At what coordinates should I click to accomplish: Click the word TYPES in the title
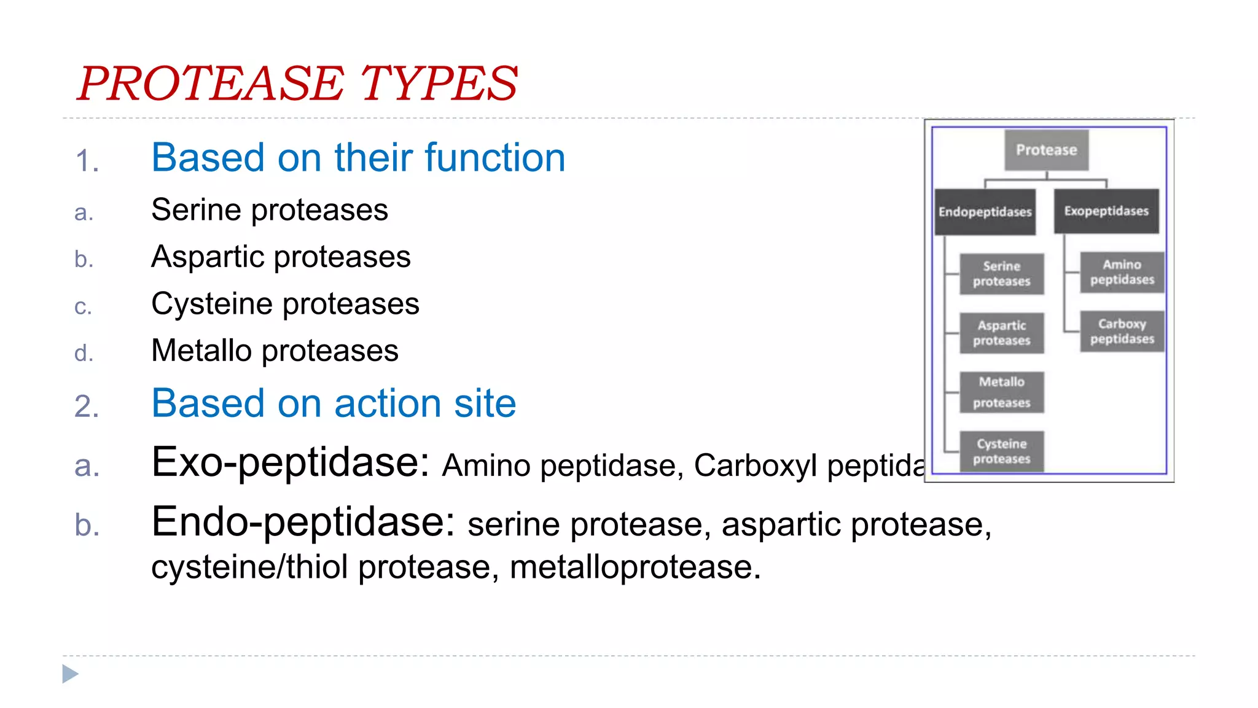(x=439, y=84)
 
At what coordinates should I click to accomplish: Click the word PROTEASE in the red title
(x=211, y=84)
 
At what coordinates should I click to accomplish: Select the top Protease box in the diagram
(x=1046, y=150)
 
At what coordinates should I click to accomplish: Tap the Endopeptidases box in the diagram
(x=985, y=212)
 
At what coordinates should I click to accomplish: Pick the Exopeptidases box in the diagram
(x=1106, y=211)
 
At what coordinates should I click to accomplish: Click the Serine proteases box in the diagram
(x=1001, y=274)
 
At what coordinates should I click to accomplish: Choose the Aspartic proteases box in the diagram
(x=1001, y=333)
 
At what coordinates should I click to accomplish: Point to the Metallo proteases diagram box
(x=1001, y=392)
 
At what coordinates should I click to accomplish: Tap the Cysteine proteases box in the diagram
(x=1001, y=451)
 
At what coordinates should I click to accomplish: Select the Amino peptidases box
(x=1122, y=272)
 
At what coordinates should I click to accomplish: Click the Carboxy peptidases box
(x=1122, y=332)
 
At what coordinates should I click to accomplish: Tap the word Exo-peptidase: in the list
(x=290, y=462)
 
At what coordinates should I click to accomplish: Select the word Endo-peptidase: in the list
(x=303, y=522)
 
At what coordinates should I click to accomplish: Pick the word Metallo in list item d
(x=201, y=351)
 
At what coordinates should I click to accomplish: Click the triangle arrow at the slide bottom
(x=71, y=674)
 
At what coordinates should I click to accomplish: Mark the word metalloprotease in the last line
(x=635, y=567)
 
